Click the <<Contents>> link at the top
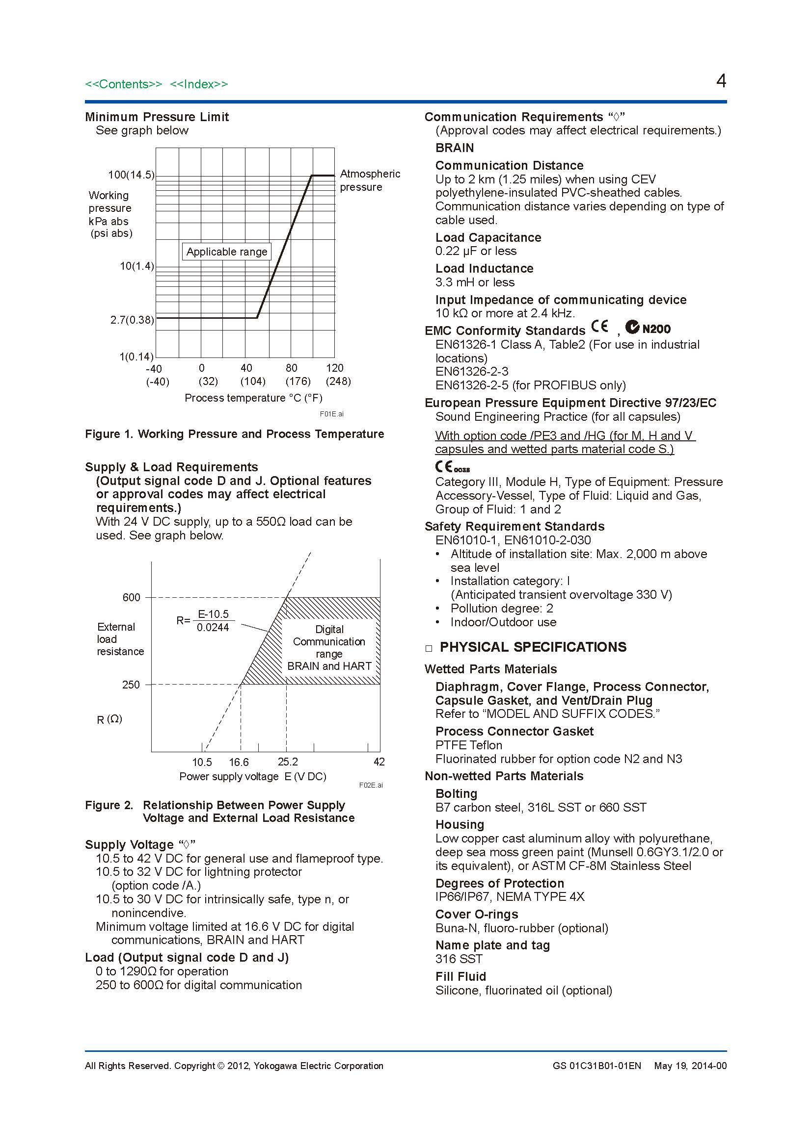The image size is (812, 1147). point(124,84)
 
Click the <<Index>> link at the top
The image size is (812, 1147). point(198,84)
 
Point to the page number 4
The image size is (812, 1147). point(721,81)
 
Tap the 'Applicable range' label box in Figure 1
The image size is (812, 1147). point(226,252)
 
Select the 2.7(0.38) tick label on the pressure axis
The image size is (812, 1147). point(132,320)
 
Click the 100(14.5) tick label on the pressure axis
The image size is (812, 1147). point(131,175)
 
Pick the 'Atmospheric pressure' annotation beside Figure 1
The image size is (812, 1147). point(370,180)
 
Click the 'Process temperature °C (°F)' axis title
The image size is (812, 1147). point(253,398)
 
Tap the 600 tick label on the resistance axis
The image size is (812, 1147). point(132,597)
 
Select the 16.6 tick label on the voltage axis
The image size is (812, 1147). point(239,762)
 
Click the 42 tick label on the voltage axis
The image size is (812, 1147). point(379,762)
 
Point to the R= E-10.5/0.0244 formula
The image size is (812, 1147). point(205,620)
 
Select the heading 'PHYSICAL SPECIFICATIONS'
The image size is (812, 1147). point(533,647)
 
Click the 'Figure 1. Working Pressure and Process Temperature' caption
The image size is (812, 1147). point(234,433)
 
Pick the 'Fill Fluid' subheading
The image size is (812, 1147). point(460,976)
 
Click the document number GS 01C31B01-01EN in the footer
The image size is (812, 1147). point(596,1066)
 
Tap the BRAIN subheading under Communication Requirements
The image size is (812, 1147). point(455,148)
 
